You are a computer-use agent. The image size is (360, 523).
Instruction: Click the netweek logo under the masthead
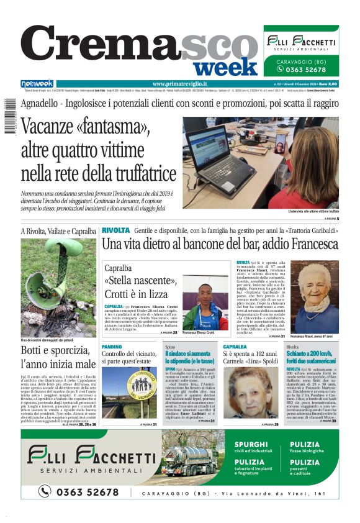point(37,84)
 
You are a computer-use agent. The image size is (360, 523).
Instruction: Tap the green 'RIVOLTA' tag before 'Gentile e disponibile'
point(115,230)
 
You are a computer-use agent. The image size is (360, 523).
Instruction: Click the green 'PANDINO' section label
point(112,346)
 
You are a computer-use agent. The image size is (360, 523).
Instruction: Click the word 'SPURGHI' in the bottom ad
point(252,444)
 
